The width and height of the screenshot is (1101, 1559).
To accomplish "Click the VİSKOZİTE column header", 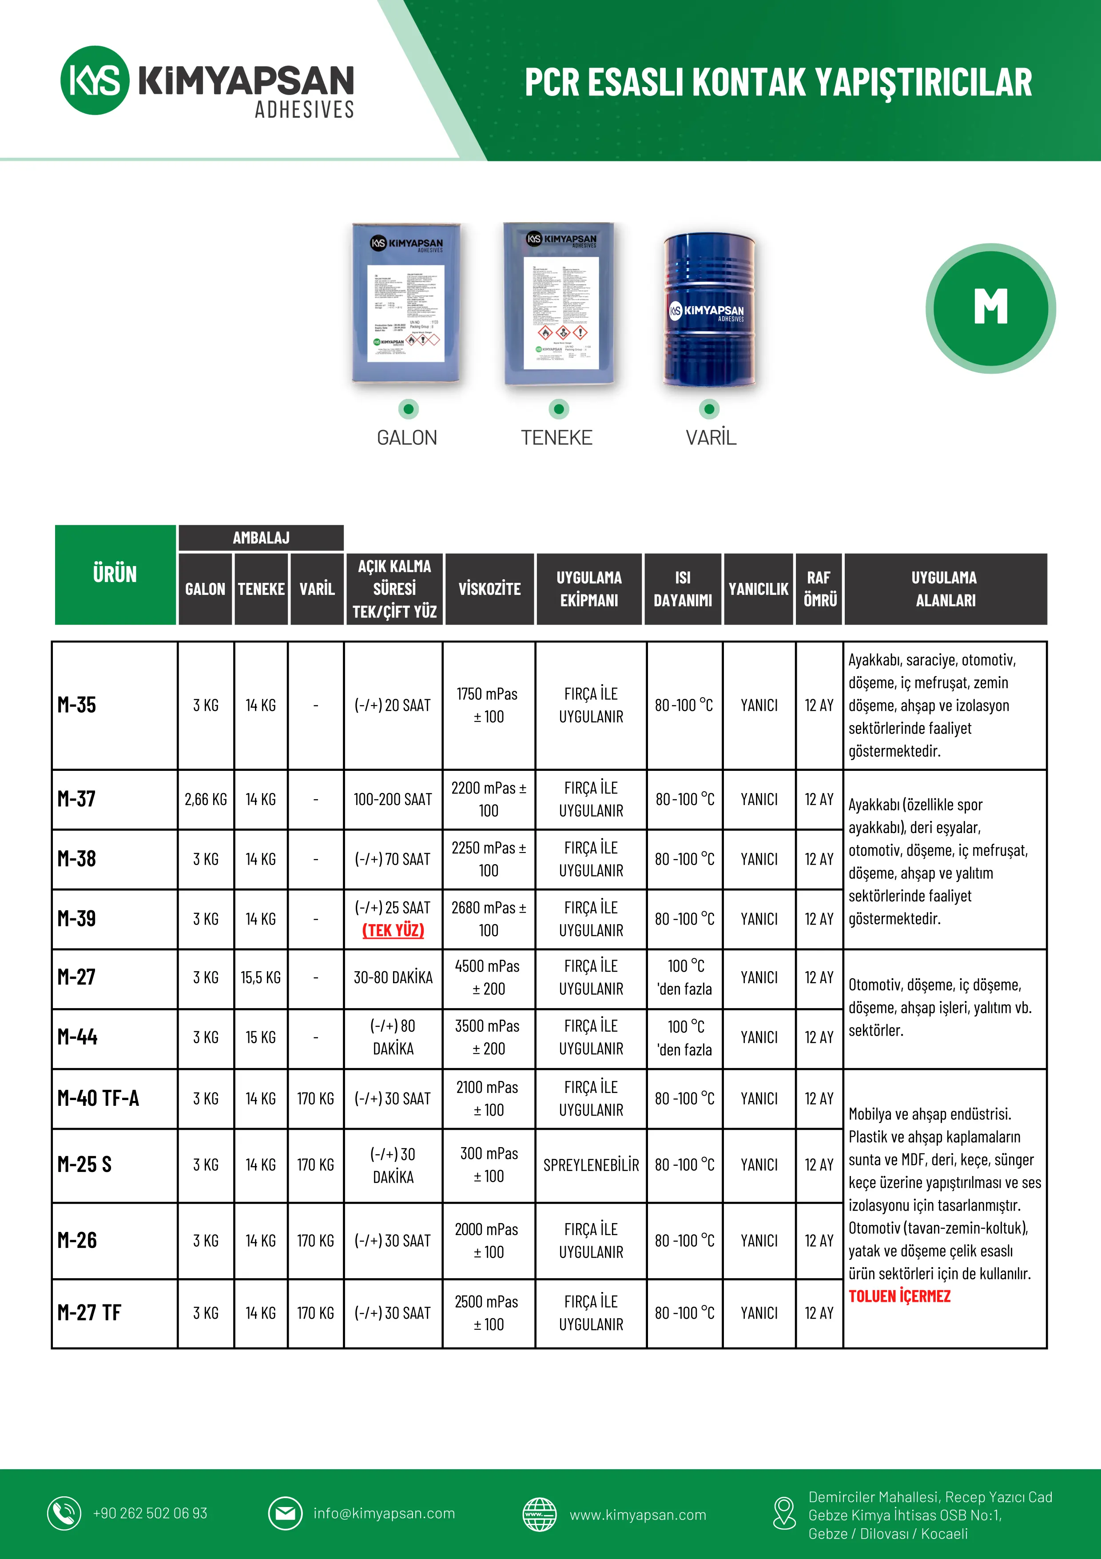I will (x=489, y=589).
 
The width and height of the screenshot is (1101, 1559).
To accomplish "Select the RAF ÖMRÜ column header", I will (x=819, y=589).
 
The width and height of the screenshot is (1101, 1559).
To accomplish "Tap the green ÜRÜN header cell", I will (x=115, y=574).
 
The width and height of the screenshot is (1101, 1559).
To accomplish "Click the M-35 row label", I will (x=77, y=705).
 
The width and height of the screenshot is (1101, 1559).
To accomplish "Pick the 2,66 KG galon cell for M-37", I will (x=206, y=799).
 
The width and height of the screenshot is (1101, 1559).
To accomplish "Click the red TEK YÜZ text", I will (x=393, y=930).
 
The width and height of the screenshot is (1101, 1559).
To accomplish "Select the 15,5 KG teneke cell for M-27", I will (x=261, y=978).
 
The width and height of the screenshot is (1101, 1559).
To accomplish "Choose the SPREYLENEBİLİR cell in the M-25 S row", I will (x=591, y=1165).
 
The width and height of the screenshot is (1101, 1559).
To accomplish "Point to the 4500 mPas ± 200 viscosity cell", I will (x=488, y=978).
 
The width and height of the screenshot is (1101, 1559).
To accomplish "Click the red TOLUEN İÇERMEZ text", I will (x=899, y=1296).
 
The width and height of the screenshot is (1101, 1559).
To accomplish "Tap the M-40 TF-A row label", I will (x=99, y=1098).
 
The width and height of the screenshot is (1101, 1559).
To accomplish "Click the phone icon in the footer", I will (x=64, y=1514).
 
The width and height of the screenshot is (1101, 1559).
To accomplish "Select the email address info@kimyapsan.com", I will (x=384, y=1514).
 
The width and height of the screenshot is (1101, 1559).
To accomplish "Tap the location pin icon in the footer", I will (x=784, y=1514).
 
